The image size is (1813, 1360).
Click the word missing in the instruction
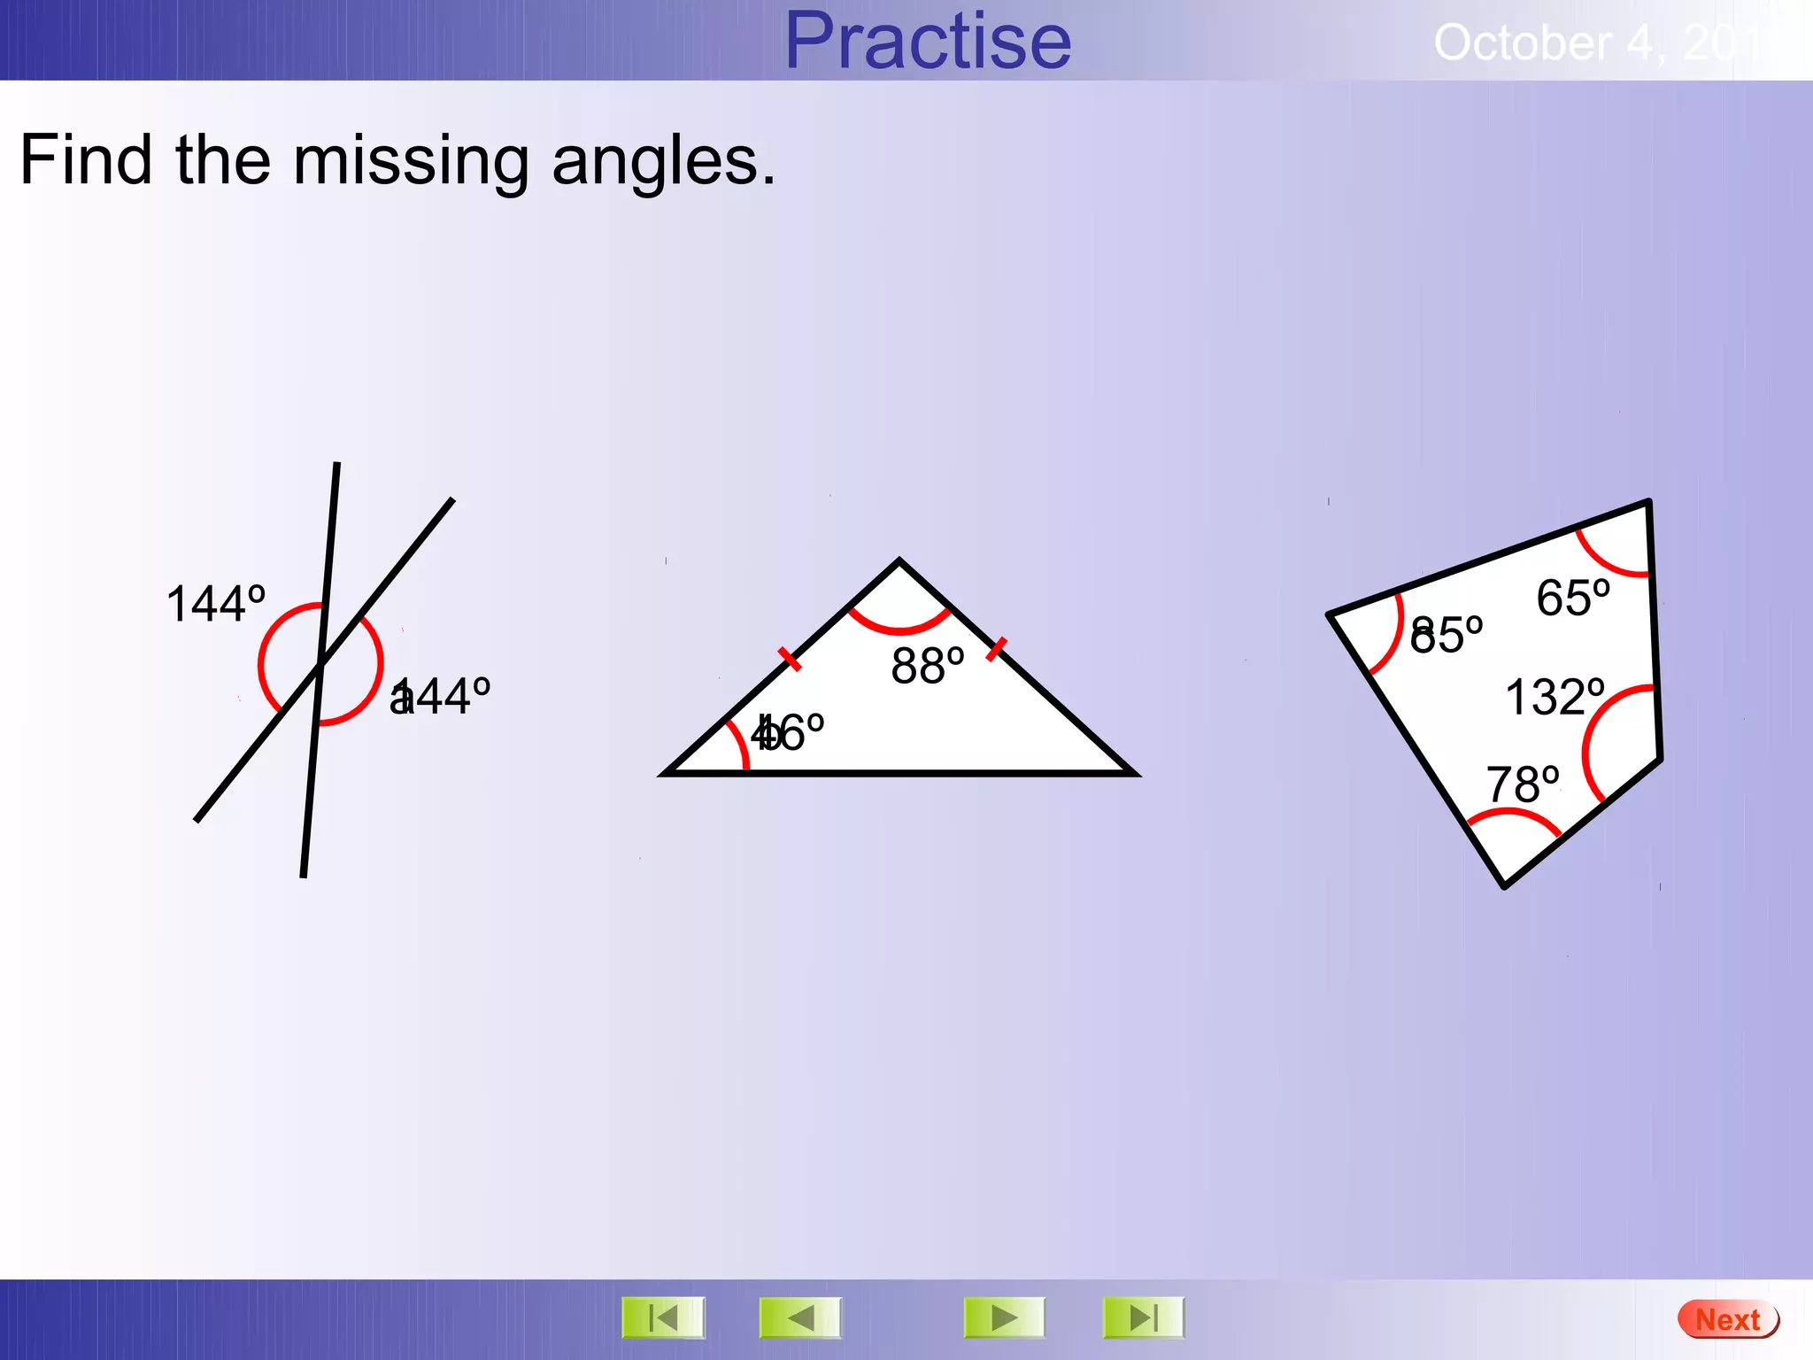[411, 162]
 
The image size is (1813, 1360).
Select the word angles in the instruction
[662, 162]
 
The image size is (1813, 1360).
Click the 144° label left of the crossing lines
[216, 605]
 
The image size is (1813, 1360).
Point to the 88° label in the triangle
[927, 666]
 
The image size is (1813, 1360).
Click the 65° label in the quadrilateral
[1572, 598]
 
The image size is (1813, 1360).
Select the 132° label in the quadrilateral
[1555, 697]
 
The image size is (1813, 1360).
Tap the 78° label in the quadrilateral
[1522, 784]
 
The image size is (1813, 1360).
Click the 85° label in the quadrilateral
[1446, 635]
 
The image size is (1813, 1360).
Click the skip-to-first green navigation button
[663, 1317]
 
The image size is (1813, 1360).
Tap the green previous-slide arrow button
[800, 1317]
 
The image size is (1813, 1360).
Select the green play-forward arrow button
[1004, 1317]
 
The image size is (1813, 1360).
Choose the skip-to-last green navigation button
[1143, 1317]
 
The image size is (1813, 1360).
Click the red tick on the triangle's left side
[790, 659]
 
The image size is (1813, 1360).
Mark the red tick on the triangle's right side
[996, 648]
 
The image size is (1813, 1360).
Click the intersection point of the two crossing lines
[320, 663]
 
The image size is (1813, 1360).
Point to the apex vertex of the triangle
[899, 561]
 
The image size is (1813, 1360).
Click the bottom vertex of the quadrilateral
[1504, 885]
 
